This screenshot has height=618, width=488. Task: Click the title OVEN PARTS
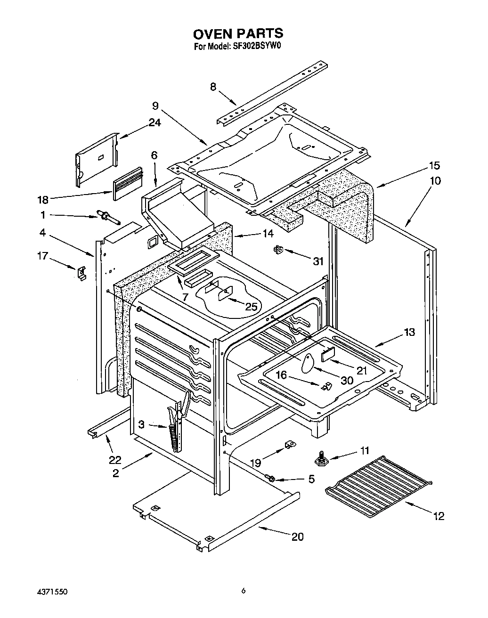coord(238,33)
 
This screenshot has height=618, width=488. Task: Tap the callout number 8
coord(213,87)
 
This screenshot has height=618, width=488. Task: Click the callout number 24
coord(155,122)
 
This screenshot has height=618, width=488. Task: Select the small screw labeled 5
coord(271,479)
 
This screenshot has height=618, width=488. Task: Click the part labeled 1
coord(108,217)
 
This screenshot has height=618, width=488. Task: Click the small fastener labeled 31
coord(277,250)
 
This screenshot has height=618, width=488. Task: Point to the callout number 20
coord(297,537)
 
